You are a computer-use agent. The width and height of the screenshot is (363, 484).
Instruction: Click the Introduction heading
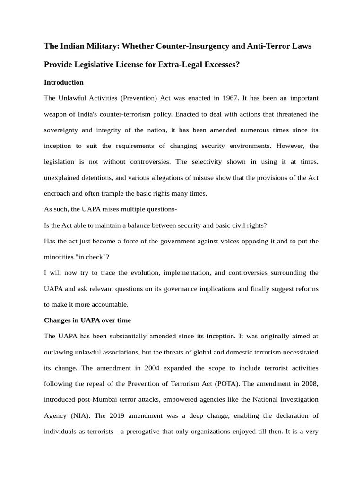pos(64,82)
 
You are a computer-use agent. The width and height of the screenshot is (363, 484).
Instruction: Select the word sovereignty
pos(63,130)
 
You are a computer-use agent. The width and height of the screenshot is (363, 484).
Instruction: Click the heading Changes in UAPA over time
pos(87,320)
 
